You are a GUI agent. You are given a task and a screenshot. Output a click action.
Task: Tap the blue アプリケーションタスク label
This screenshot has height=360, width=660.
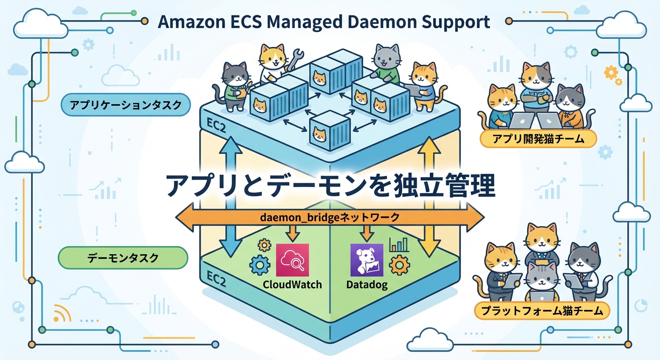pos(125,106)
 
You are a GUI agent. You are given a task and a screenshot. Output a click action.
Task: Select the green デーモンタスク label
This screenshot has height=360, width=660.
pos(123,258)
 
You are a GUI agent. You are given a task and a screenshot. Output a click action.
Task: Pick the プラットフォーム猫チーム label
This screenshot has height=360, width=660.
pos(542,310)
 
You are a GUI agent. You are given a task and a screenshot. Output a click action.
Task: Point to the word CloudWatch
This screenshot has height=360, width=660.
pos(292,285)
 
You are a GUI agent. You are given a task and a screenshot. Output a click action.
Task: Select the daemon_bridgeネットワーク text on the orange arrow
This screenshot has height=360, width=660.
pos(330,217)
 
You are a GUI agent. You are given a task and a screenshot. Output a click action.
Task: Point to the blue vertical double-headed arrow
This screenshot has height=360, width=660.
pos(230,197)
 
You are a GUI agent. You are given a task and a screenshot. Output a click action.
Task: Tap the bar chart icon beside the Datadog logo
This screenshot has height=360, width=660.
pos(399,244)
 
